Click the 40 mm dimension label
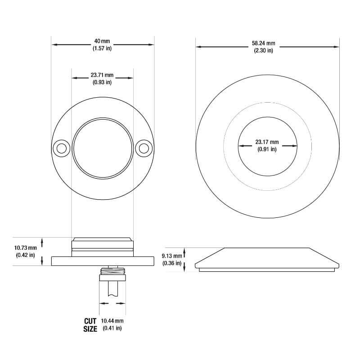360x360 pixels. click(x=102, y=41)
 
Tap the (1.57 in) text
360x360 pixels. click(x=102, y=48)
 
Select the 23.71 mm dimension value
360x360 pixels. click(x=102, y=75)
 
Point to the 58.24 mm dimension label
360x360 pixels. click(x=263, y=44)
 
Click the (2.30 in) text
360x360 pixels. click(x=263, y=50)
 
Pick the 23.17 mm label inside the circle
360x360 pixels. click(x=267, y=142)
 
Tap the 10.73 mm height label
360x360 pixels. click(x=26, y=248)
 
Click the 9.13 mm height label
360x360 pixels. click(x=173, y=256)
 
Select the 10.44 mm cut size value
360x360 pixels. click(x=112, y=321)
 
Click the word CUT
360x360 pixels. click(x=90, y=321)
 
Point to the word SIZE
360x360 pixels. click(x=90, y=328)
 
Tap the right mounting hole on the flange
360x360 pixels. click(x=144, y=148)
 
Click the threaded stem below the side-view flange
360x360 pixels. click(x=112, y=271)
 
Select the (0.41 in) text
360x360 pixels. click(x=112, y=328)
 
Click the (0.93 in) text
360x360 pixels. click(x=102, y=82)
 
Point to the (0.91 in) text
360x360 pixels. click(x=267, y=149)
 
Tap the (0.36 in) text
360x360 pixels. click(x=172, y=263)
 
